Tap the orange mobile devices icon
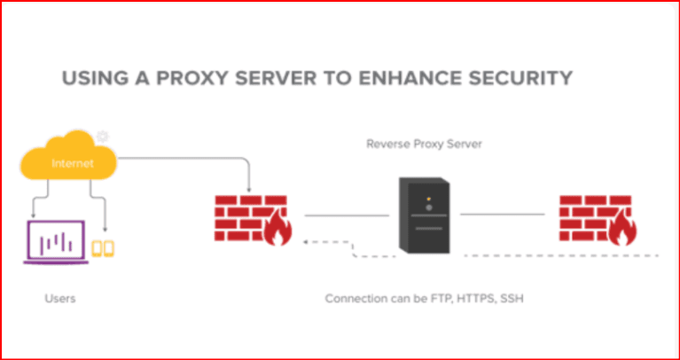104,249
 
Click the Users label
60,298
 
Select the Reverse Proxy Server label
425,143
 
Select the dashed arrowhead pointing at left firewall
306,240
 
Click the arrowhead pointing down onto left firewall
250,189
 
